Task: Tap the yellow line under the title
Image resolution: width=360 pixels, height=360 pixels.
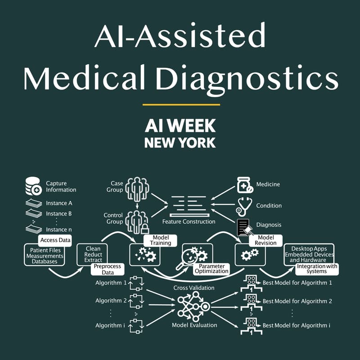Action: (181, 105)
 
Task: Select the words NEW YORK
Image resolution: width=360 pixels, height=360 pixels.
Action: (180, 143)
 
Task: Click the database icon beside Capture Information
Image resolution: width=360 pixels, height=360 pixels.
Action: (33, 186)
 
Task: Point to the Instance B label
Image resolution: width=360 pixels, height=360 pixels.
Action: (59, 214)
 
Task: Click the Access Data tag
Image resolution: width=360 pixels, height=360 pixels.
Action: (55, 240)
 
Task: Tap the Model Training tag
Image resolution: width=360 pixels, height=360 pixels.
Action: (160, 240)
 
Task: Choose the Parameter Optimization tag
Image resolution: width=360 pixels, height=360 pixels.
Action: (211, 269)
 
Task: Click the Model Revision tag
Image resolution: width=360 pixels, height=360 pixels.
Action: (265, 240)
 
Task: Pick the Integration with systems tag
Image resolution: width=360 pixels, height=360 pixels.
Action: (317, 269)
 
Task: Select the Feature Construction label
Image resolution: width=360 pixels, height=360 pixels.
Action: (189, 221)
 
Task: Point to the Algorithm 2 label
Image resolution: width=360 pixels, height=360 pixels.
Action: (108, 301)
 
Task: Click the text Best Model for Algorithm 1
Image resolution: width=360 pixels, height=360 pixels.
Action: (297, 283)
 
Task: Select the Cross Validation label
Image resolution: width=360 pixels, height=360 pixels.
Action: (194, 288)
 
